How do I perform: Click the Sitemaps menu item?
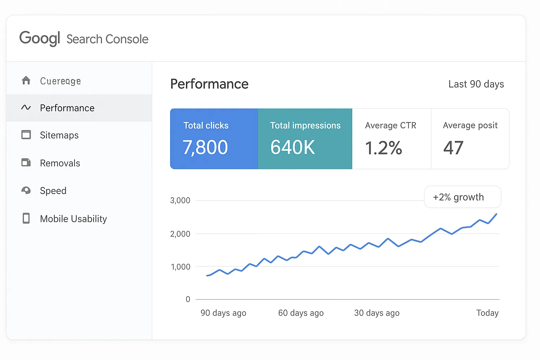(x=59, y=135)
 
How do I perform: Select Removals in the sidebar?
(x=60, y=163)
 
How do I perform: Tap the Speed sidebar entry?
(x=53, y=191)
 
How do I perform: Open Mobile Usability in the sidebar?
(x=73, y=219)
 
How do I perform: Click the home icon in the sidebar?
(x=26, y=81)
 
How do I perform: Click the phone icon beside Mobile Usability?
(x=26, y=218)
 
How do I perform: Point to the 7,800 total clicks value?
(x=205, y=147)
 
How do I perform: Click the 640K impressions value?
(x=292, y=147)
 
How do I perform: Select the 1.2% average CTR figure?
(x=383, y=148)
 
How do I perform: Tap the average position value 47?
(x=453, y=148)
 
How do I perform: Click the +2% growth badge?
(x=462, y=197)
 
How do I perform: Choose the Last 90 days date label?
(x=476, y=84)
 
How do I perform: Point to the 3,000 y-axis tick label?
(x=180, y=200)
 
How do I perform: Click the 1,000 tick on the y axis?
(x=180, y=267)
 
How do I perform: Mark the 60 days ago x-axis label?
(x=301, y=313)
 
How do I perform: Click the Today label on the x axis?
(x=487, y=313)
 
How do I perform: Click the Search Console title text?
(x=107, y=39)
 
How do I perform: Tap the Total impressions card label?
(x=305, y=126)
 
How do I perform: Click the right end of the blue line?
(x=496, y=214)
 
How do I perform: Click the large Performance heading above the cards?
(x=209, y=84)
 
